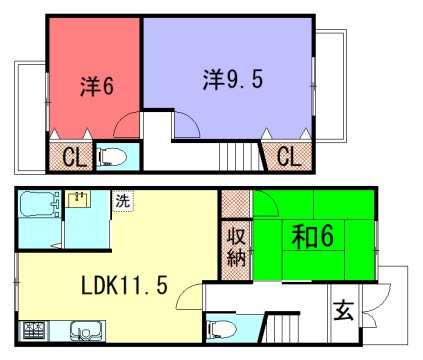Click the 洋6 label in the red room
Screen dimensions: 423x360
click(x=97, y=86)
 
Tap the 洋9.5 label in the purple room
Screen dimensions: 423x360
click(x=233, y=79)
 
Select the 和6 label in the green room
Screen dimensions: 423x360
click(x=312, y=236)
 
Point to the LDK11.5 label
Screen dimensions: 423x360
click(x=124, y=285)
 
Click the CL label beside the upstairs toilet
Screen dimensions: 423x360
click(x=74, y=157)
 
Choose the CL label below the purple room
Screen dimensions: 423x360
click(x=289, y=156)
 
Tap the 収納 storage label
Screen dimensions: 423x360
click(x=236, y=247)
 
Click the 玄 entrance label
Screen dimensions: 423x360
click(x=343, y=310)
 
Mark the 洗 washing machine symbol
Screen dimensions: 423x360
click(x=122, y=201)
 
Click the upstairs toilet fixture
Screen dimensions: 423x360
click(x=112, y=157)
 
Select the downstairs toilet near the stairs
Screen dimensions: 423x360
click(x=221, y=329)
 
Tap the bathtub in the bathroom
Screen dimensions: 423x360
click(x=39, y=204)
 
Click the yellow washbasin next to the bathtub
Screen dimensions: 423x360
click(x=78, y=199)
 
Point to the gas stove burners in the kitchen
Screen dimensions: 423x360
click(x=35, y=331)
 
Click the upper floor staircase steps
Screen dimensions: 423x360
click(x=239, y=156)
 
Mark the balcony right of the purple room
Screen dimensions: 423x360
click(x=331, y=86)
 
